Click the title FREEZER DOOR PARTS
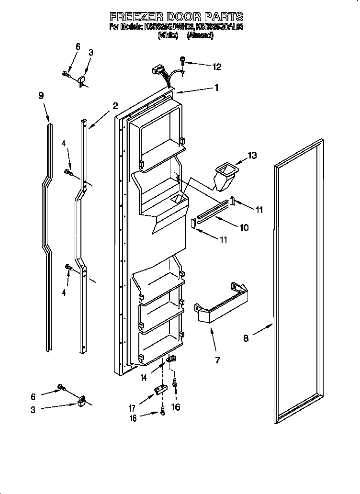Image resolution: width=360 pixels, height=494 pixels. click(177, 17)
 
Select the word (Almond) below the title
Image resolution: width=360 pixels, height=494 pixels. click(200, 35)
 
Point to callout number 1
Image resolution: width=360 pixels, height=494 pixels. click(216, 88)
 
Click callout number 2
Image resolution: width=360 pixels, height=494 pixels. click(115, 106)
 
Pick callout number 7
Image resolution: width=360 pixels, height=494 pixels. click(217, 360)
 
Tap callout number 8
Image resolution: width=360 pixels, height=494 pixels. click(246, 338)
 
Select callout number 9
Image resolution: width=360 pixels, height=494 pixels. click(41, 95)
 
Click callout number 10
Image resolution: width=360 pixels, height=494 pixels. click(244, 228)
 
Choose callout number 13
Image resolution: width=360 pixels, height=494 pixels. click(252, 155)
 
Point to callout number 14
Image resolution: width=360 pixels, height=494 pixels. click(144, 378)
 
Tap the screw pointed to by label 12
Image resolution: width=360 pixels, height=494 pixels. click(182, 61)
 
